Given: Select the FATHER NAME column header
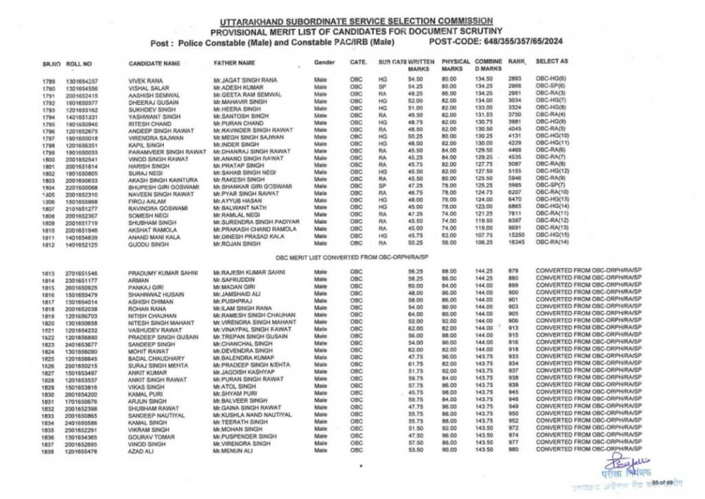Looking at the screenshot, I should click(235, 63).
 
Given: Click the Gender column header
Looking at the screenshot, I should click(324, 63).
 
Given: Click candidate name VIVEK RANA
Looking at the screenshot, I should click(146, 81).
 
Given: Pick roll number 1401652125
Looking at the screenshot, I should click(82, 244).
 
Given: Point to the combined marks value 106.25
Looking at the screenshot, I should click(483, 243).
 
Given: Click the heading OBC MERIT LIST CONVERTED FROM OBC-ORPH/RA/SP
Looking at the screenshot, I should click(352, 257).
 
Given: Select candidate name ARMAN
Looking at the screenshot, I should click(138, 280).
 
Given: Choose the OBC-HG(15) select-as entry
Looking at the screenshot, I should click(551, 236).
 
